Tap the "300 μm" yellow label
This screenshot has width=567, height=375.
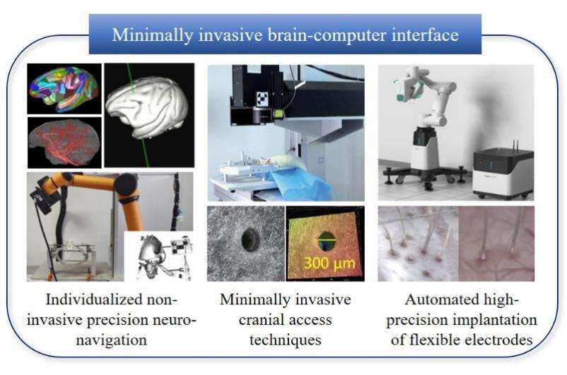click(x=327, y=266)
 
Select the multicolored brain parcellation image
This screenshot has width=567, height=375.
click(x=64, y=88)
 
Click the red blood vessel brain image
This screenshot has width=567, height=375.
click(x=64, y=141)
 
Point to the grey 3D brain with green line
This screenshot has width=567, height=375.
click(x=148, y=113)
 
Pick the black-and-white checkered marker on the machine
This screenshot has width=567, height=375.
click(x=267, y=97)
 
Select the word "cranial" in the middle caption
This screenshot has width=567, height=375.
click(x=252, y=320)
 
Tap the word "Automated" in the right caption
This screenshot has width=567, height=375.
click(x=442, y=299)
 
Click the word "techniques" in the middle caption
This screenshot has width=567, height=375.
click(x=286, y=340)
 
